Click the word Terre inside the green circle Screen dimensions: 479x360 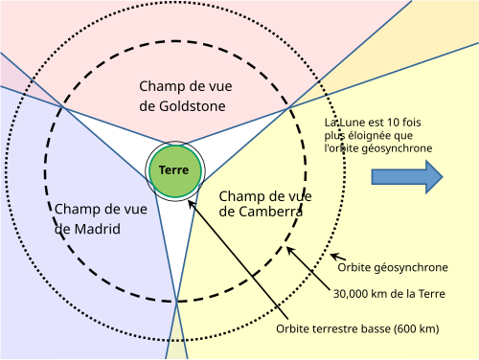(174, 170)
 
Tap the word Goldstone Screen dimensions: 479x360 (193, 106)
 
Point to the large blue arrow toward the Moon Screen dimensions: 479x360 (407, 177)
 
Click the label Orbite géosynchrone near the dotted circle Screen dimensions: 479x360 (393, 267)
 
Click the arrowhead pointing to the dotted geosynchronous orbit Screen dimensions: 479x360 (334, 256)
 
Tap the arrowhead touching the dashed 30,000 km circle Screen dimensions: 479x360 (289, 251)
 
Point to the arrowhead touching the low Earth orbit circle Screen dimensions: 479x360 (191, 204)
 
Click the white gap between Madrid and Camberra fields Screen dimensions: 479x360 (176, 242)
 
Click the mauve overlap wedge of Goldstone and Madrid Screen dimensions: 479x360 (26, 79)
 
